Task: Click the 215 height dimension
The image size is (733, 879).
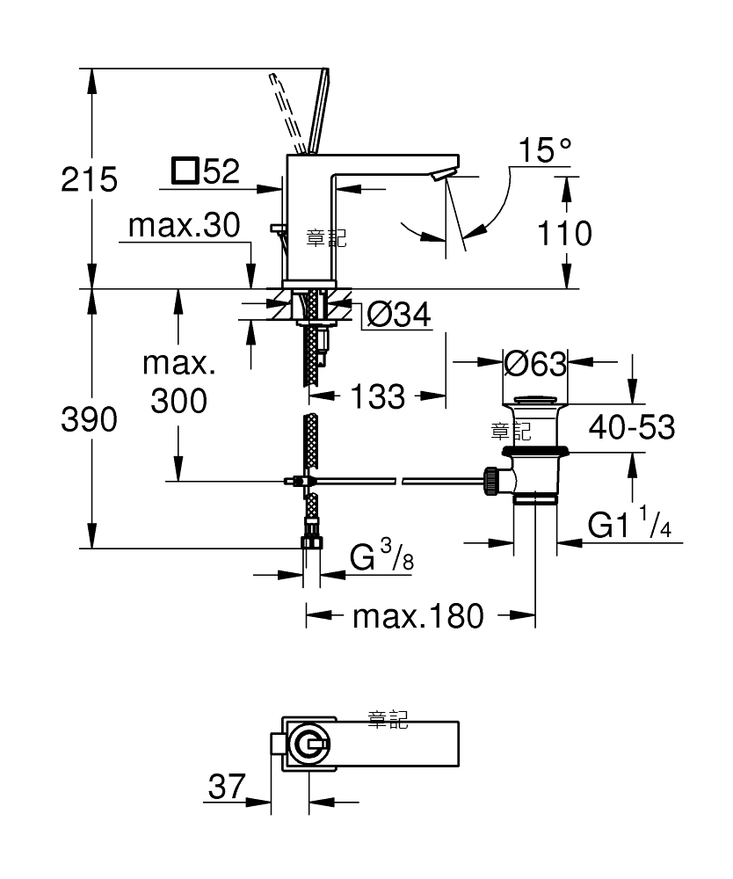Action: [89, 179]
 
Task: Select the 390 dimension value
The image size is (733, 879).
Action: [89, 419]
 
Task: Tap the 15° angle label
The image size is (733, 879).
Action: [545, 149]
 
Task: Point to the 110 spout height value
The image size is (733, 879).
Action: [564, 233]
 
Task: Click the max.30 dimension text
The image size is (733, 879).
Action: [184, 225]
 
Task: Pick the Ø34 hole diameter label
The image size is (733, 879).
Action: [398, 314]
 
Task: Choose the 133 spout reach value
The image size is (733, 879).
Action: [378, 397]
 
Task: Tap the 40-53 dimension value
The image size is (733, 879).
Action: [632, 427]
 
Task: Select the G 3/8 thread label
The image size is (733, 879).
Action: [381, 555]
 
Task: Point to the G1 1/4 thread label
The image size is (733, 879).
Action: [629, 522]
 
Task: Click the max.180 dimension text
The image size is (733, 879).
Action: [418, 616]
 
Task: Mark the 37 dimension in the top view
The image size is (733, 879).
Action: [227, 786]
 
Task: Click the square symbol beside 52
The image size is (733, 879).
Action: [185, 171]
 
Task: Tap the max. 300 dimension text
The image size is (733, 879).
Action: [178, 381]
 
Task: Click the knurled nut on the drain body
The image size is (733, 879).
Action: [491, 481]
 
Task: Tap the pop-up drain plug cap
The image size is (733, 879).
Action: [536, 400]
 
